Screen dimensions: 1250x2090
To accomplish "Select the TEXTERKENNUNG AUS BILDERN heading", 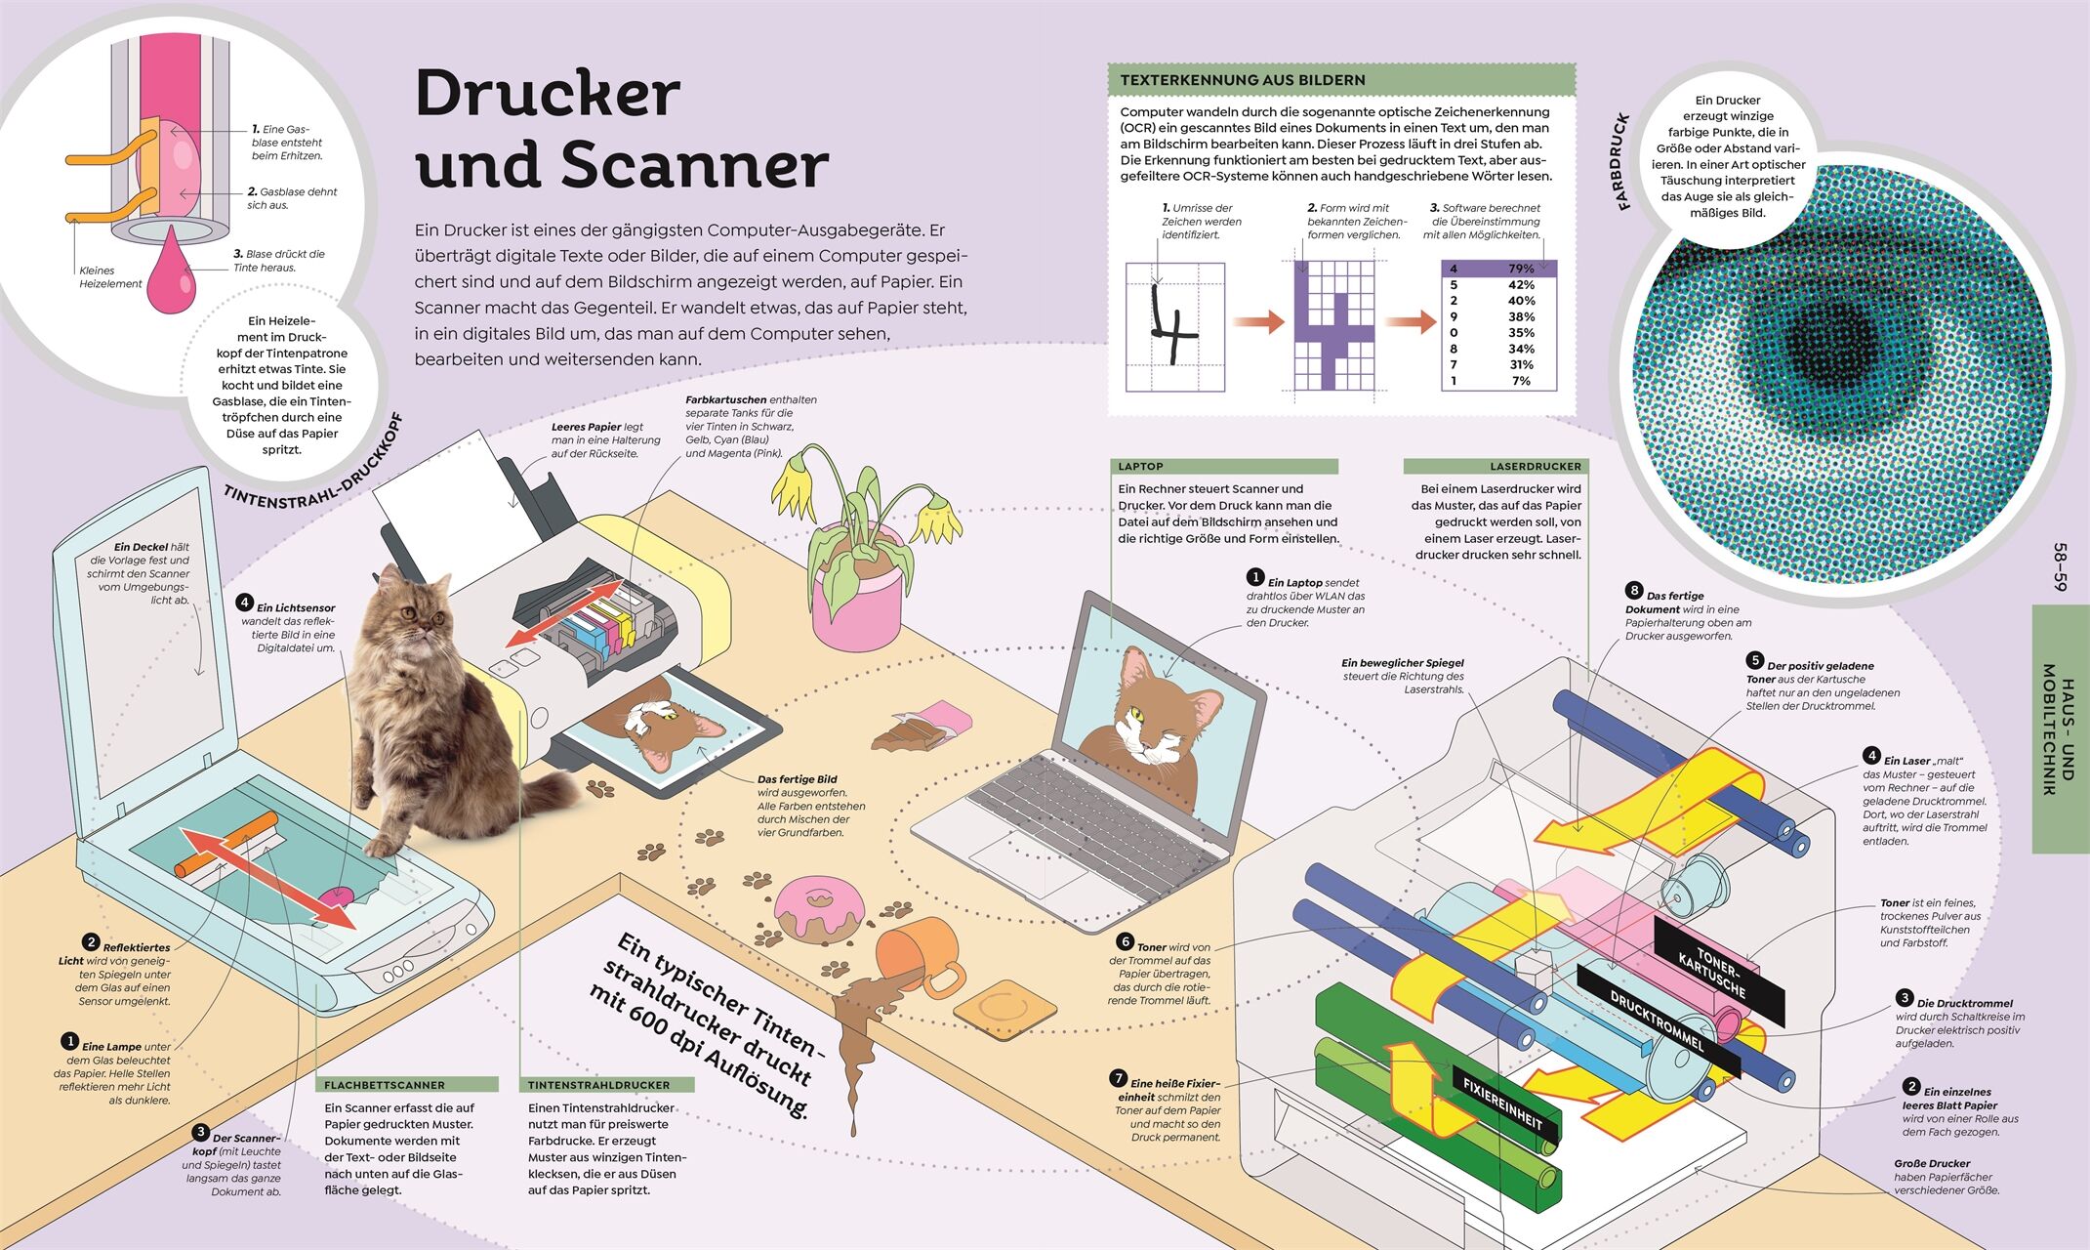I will pyautogui.click(x=1242, y=80).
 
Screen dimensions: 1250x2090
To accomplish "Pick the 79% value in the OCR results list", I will pyautogui.click(x=1520, y=269).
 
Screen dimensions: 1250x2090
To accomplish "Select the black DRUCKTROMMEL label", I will pyautogui.click(x=1658, y=1019).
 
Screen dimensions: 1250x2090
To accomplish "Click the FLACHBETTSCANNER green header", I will pyautogui.click(x=405, y=1085).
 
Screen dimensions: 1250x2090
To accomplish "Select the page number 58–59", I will pyautogui.click(x=2061, y=566).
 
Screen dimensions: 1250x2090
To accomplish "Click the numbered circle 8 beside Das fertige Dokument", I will pyautogui.click(x=1634, y=590).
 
